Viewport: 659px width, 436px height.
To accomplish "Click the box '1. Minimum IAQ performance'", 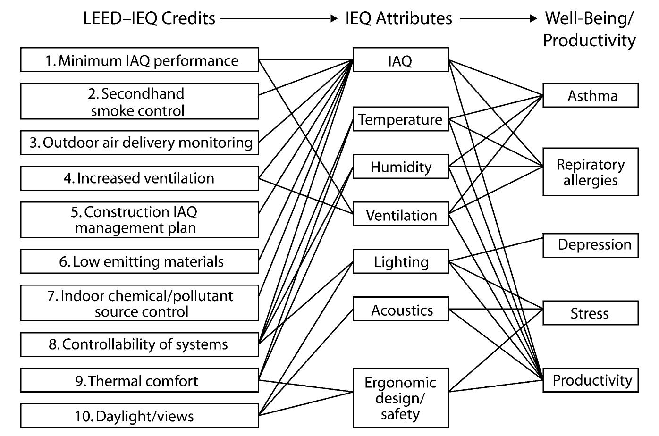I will [x=139, y=60].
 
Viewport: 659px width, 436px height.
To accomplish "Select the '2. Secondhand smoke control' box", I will [x=139, y=101].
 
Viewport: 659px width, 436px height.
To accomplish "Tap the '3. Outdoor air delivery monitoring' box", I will [x=139, y=143].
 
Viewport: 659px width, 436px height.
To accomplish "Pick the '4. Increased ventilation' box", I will [x=139, y=178].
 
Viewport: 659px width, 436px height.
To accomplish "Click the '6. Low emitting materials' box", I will [x=139, y=261].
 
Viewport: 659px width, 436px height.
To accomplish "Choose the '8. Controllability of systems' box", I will [x=139, y=344].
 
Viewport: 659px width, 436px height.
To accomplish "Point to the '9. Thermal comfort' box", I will [x=139, y=380].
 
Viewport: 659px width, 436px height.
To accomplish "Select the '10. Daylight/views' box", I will [x=139, y=416].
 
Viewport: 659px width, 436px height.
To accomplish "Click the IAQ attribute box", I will [x=400, y=60].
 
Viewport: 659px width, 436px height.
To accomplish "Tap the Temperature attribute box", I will [x=400, y=119].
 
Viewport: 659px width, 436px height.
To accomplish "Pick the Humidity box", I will [x=400, y=167].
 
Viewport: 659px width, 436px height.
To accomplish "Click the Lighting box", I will [x=400, y=261].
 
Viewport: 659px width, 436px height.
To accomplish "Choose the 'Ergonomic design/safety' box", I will [x=400, y=398].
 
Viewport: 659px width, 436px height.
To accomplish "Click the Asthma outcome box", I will [x=590, y=95].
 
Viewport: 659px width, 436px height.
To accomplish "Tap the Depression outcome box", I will [x=590, y=245].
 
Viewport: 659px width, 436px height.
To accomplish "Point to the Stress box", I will [x=590, y=313].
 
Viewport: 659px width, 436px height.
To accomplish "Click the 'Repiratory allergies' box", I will [x=590, y=172].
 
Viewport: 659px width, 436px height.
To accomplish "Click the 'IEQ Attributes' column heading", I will [x=398, y=18].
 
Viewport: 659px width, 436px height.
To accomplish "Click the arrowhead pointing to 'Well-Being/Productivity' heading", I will [x=533, y=18].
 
